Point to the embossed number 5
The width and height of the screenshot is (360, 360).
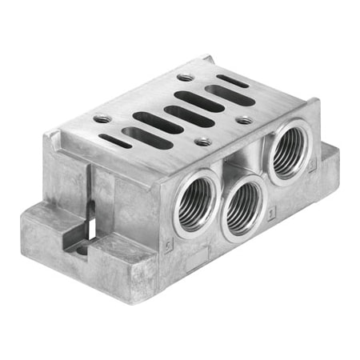(167, 241)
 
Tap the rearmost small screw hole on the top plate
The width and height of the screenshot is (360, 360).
(186, 78)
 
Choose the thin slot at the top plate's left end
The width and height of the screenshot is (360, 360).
(117, 141)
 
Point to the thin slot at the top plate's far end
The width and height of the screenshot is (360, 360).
(232, 81)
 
